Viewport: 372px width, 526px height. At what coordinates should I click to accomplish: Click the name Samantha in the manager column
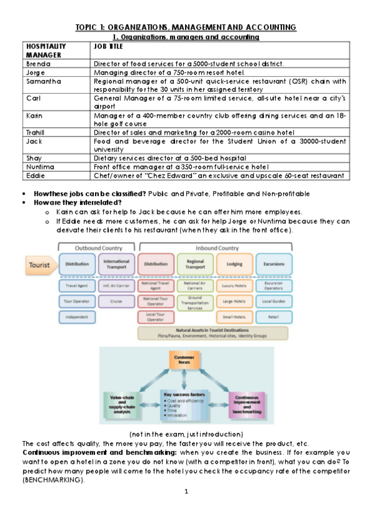40,81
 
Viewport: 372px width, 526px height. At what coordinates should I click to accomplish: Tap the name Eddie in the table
35,176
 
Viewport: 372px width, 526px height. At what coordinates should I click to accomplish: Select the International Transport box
116,264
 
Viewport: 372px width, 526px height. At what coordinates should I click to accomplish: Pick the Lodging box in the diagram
234,264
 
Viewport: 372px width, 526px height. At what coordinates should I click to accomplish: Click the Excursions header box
273,264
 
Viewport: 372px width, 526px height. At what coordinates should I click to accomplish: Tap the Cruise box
116,301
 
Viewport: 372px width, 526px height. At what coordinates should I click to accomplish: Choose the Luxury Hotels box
234,285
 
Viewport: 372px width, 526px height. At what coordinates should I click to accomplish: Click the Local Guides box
273,301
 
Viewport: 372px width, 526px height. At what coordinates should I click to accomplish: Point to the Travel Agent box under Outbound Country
77,285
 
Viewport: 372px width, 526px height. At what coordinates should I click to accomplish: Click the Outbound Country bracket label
96,247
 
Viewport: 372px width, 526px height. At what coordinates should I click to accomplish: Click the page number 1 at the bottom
186,492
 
